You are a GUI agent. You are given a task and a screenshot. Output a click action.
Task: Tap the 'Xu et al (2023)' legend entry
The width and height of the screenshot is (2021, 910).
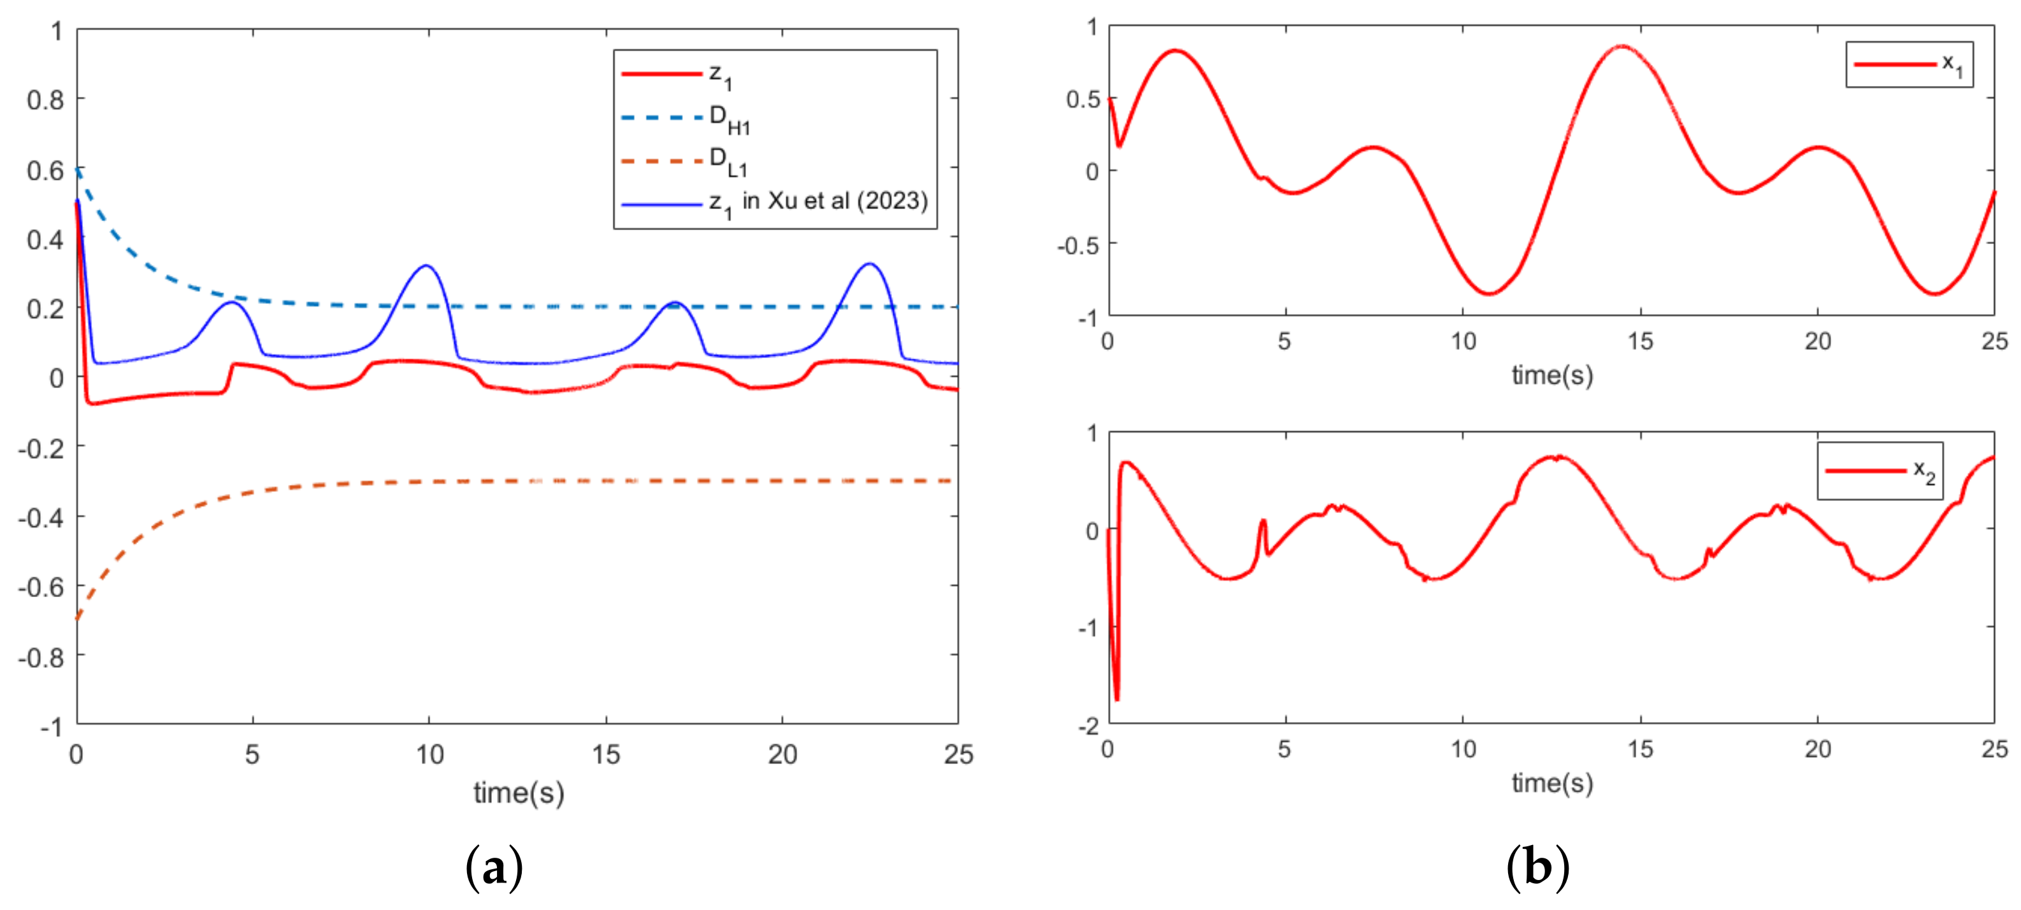point(773,203)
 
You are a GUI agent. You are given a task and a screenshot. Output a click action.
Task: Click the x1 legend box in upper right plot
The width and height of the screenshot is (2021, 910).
point(1908,64)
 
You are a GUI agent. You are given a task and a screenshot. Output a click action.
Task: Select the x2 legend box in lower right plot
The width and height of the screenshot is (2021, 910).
point(1880,471)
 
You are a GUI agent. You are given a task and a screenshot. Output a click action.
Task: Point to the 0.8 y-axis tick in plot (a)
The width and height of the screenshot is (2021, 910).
point(45,99)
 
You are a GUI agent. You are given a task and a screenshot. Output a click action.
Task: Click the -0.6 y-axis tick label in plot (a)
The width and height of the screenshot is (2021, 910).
point(41,587)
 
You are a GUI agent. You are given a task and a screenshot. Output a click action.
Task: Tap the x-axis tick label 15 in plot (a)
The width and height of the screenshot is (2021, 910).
point(606,755)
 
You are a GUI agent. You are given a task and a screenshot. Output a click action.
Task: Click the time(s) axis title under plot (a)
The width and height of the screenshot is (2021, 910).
point(519,793)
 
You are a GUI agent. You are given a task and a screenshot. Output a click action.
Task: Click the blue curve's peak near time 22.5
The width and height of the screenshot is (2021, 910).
point(868,264)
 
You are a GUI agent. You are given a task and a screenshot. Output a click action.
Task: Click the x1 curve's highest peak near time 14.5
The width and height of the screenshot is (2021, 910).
point(1621,47)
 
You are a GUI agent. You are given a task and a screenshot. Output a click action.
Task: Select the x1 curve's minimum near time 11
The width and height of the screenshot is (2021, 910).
point(1488,293)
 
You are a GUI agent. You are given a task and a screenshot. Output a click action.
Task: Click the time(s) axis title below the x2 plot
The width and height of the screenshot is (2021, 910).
point(1552,783)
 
